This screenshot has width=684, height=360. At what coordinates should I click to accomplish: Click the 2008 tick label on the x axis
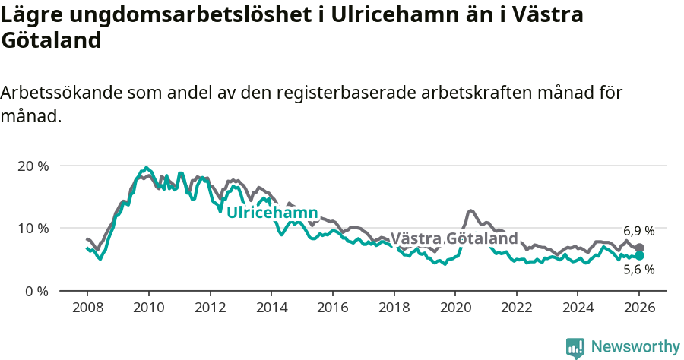coord(87,309)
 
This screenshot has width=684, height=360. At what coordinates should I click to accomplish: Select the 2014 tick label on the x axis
coord(271,309)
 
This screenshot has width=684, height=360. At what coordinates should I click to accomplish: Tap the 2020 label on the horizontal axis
coord(454,309)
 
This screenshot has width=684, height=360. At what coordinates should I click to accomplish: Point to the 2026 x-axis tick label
coord(639,309)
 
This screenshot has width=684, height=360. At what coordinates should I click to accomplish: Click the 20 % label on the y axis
coord(33,166)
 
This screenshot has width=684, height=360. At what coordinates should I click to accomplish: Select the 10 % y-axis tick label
coord(33,229)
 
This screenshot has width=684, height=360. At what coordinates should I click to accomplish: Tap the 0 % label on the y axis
coord(36,291)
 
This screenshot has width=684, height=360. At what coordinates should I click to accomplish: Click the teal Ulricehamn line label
coord(272,213)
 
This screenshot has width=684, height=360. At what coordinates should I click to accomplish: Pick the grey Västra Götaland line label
coord(454,238)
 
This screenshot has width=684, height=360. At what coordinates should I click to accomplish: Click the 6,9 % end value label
coord(638,231)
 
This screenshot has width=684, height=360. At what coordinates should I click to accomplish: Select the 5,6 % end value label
coord(638,269)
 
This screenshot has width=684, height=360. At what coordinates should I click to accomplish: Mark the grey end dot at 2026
coord(640,248)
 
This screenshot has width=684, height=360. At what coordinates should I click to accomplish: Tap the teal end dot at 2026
coord(640,256)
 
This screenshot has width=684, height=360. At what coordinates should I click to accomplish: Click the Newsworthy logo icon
coord(575,347)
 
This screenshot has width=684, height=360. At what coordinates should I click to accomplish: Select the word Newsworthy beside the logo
coord(635,347)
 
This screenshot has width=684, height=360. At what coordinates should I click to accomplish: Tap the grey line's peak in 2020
coord(471,210)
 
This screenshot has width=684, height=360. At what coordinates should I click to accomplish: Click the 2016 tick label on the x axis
coord(332,309)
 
